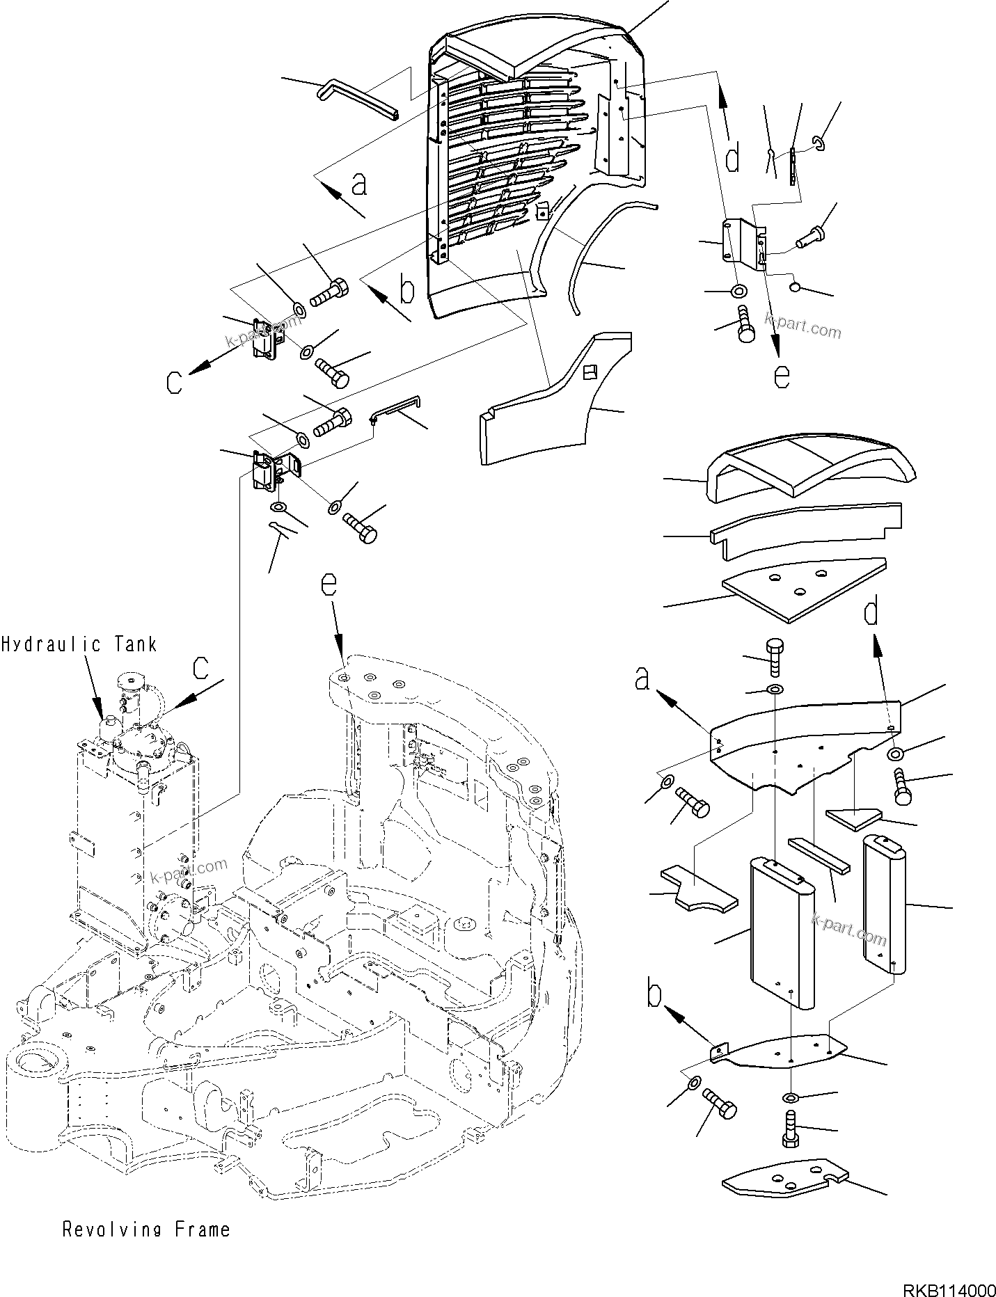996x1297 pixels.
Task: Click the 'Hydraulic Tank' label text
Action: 79,645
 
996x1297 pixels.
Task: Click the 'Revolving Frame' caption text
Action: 146,1230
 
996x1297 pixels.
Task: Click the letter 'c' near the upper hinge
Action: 175,381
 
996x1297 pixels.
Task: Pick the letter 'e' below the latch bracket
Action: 782,375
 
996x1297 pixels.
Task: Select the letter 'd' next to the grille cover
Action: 732,159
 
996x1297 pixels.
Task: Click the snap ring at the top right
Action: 819,144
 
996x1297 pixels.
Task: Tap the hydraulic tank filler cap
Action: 129,680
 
